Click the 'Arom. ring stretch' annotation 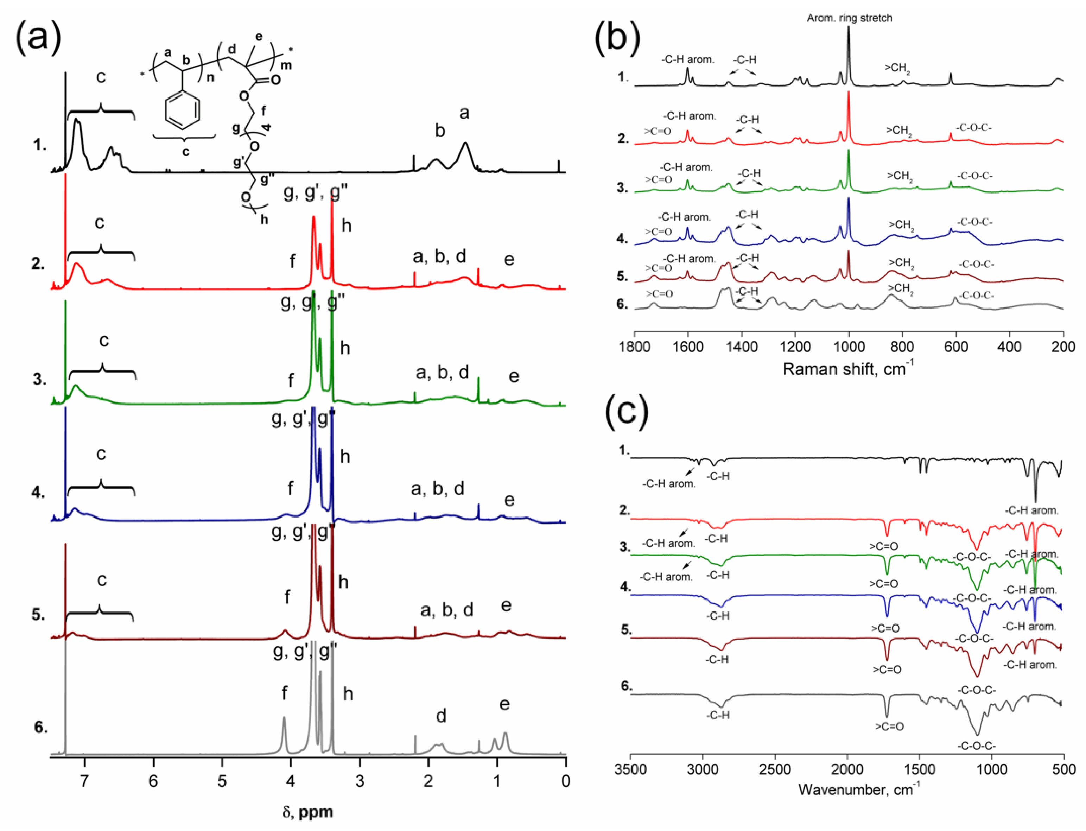point(849,18)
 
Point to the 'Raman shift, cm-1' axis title point(847,368)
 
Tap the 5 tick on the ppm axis point(222,781)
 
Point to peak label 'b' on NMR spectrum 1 point(439,130)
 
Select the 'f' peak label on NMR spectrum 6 point(284,693)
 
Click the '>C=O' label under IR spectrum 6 point(889,726)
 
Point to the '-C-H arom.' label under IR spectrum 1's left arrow point(669,484)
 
